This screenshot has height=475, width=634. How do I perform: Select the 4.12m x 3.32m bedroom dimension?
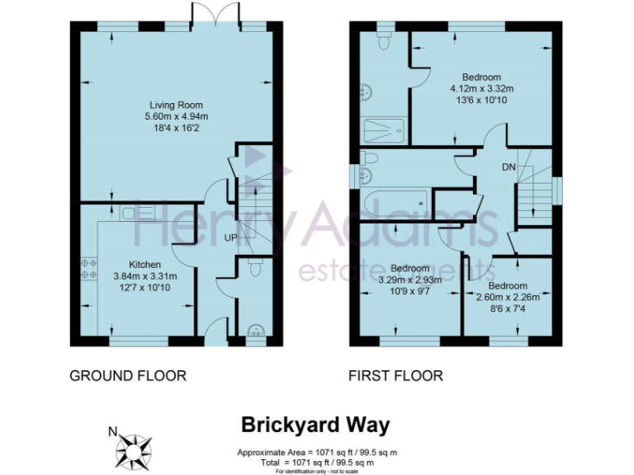coord(481,89)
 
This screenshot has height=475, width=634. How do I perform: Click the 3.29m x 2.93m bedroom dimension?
coord(410,280)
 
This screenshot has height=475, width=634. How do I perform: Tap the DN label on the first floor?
coord(509,167)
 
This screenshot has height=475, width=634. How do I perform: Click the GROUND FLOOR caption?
coord(128,376)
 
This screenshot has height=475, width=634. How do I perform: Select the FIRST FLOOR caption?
coord(395,376)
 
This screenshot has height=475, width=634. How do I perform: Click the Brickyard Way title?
coord(315,426)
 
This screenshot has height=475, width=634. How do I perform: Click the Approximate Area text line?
coord(316,453)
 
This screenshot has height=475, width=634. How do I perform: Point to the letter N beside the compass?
coord(113,430)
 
